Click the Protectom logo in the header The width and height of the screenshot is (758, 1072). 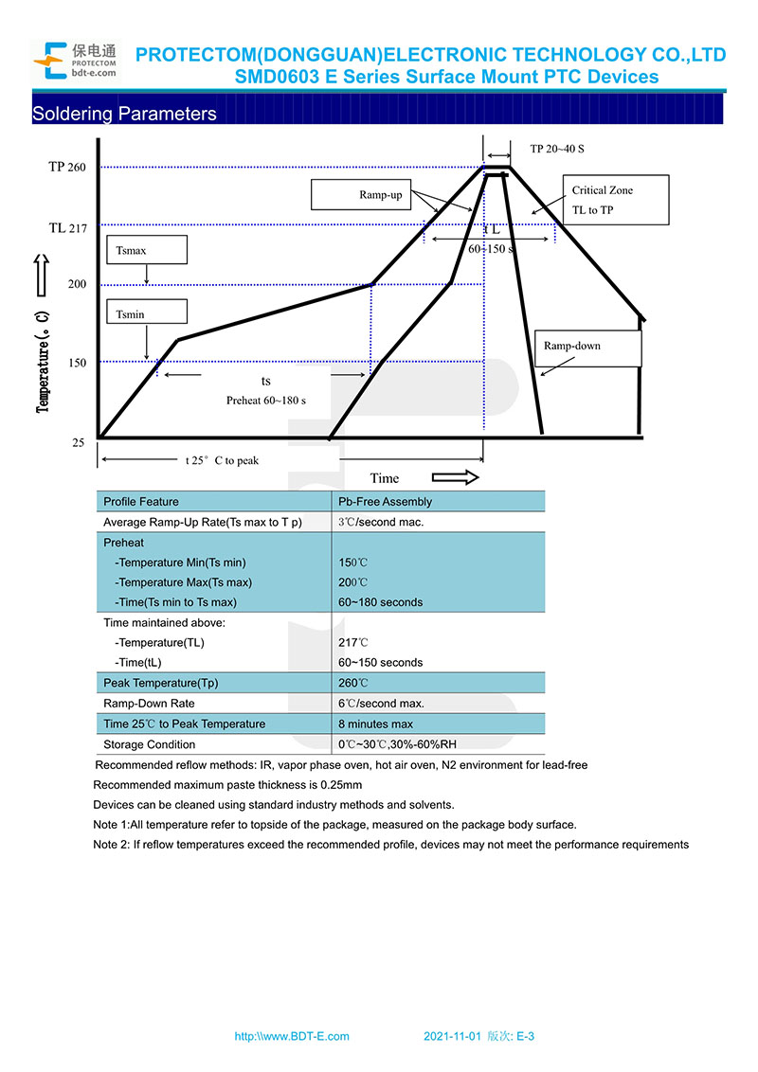(75, 59)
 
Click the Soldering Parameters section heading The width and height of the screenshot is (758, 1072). (124, 114)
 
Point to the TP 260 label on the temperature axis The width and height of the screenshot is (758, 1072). (67, 168)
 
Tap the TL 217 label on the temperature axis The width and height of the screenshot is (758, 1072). (67, 228)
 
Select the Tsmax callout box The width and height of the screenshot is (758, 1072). (147, 249)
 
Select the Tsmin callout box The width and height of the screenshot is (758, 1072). (147, 313)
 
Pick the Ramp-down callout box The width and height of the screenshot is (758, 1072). (587, 348)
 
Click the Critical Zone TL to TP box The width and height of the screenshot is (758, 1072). (615, 200)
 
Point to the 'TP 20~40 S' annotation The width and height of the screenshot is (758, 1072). (557, 149)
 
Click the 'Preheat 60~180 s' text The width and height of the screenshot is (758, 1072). (265, 401)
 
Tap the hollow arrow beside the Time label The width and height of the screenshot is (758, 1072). (455, 477)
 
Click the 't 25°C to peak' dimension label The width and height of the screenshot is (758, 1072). (221, 460)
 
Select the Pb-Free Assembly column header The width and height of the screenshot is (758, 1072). (385, 502)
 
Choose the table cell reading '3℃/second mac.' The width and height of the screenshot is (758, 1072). (381, 522)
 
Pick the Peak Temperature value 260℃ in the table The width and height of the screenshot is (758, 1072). (353, 683)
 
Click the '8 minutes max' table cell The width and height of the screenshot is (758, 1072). (375, 724)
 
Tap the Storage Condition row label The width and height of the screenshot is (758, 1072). (150, 744)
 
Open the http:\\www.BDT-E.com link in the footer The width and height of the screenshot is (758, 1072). (292, 1037)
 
